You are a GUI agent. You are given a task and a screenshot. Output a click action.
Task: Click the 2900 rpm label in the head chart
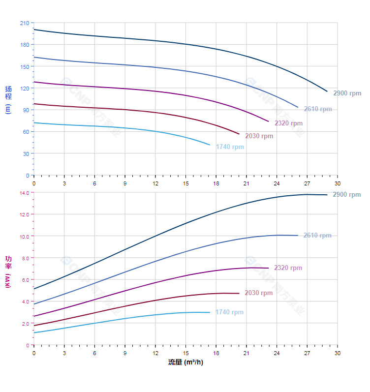(347, 93)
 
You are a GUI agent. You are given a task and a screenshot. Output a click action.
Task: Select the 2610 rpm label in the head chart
(317, 109)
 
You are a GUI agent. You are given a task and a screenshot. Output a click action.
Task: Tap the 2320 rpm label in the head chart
(288, 123)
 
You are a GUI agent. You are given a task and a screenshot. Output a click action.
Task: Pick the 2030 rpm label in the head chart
(259, 136)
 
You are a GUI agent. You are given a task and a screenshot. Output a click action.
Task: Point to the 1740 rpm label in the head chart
(230, 147)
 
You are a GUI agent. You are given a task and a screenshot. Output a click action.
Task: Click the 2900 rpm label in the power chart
(346, 195)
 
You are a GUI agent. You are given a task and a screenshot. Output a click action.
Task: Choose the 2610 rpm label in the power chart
(317, 236)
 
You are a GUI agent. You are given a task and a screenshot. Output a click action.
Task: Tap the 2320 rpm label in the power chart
(288, 268)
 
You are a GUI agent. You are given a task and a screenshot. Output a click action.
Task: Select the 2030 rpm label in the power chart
(258, 293)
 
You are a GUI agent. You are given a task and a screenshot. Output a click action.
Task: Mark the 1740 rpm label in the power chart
(229, 312)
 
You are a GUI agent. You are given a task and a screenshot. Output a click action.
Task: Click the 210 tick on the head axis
(25, 23)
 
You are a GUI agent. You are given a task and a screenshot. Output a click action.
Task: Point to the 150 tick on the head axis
(25, 66)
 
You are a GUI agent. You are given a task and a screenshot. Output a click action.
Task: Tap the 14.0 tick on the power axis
(25, 193)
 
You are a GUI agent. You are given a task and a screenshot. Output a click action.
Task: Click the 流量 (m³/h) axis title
(185, 362)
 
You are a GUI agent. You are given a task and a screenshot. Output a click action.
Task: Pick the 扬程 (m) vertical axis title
(8, 99)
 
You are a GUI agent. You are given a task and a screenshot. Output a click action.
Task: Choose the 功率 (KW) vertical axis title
(8, 271)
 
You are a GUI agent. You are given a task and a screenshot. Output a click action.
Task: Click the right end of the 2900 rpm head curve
(327, 91)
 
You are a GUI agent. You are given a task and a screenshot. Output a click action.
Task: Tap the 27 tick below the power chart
(307, 353)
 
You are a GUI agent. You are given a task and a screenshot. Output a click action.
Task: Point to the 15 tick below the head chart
(185, 183)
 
